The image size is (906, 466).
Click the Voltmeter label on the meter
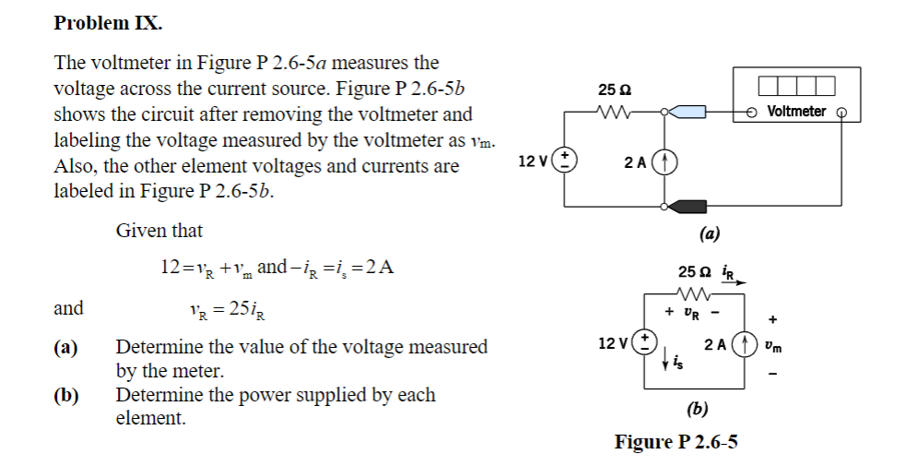795,111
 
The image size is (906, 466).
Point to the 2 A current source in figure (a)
665,161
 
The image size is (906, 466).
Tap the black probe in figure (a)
686,205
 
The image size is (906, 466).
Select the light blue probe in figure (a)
687,112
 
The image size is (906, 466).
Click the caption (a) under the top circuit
709,233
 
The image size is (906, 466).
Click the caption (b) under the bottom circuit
697,407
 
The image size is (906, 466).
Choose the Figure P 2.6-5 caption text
676,442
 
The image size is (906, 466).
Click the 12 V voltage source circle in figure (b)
644,343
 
